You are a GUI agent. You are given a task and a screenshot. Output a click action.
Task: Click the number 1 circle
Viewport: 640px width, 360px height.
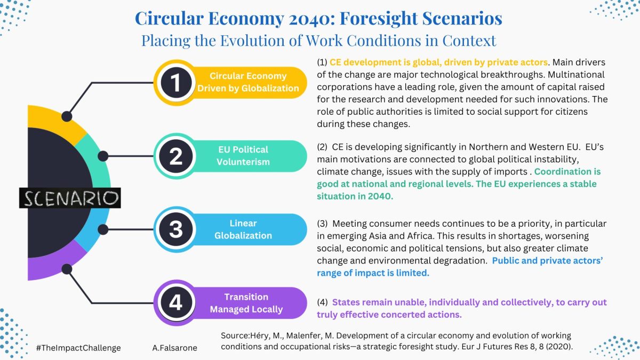[176, 83]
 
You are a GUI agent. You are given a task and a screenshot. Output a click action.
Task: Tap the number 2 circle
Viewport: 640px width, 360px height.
[176, 156]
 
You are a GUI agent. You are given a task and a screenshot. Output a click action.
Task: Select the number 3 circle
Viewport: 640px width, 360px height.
[176, 229]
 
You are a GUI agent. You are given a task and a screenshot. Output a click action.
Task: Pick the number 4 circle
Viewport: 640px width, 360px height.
[176, 303]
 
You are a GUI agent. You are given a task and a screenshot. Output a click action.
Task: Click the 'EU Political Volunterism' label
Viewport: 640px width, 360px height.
[243, 156]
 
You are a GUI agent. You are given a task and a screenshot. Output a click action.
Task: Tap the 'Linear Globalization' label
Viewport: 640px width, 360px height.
[243, 229]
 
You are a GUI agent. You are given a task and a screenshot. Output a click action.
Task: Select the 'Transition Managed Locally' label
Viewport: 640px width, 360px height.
[246, 303]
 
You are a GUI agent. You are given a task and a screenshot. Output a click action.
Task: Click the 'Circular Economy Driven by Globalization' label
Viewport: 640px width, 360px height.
[248, 82]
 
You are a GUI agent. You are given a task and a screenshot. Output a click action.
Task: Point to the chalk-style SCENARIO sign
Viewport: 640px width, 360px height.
[70, 198]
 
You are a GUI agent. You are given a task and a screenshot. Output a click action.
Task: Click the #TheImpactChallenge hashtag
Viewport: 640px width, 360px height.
[78, 348]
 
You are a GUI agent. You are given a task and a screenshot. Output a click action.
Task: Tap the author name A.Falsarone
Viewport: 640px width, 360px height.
[174, 348]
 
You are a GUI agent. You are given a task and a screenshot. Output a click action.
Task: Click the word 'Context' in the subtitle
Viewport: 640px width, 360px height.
[469, 41]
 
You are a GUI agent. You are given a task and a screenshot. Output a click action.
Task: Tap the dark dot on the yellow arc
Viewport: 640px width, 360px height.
[67, 116]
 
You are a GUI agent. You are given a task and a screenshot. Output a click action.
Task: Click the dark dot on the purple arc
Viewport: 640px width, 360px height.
[67, 269]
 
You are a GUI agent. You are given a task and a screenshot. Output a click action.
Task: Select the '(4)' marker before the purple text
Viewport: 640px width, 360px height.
[322, 302]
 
